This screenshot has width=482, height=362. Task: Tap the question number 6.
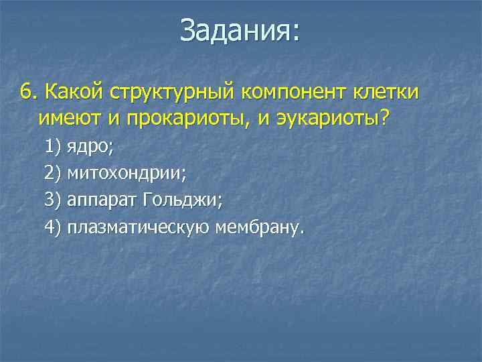[26, 92]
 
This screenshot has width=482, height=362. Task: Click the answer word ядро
[88, 147]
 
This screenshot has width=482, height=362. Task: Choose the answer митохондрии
[127, 174]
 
